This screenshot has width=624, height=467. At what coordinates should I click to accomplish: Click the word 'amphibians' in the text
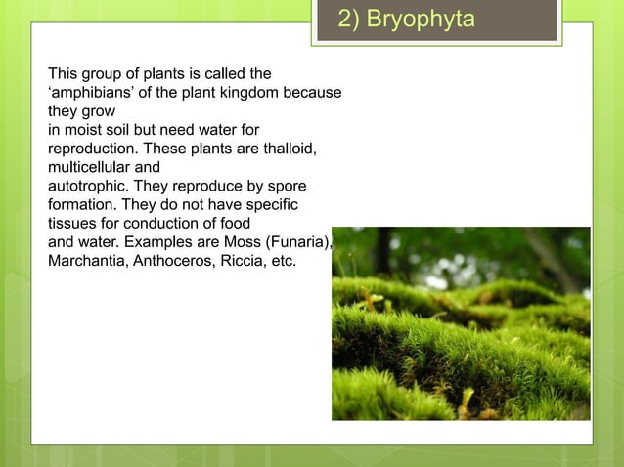pos(91,92)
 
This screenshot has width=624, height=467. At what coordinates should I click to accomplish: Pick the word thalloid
pos(289,148)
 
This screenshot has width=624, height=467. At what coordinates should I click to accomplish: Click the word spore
pos(286,186)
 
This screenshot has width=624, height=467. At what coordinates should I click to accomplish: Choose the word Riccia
pos(248,262)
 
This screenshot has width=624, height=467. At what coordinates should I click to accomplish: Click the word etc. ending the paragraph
pos(285,262)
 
